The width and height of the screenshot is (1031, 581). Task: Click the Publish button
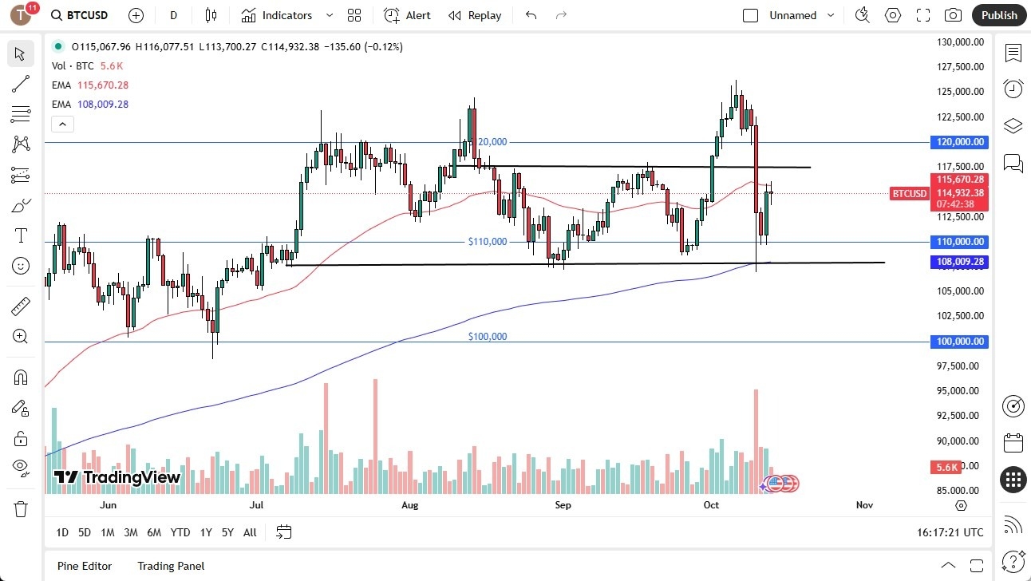[999, 15]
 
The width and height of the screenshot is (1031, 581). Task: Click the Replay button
[475, 15]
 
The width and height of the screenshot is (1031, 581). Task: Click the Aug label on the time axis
[409, 505]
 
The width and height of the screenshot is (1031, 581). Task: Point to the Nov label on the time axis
[864, 505]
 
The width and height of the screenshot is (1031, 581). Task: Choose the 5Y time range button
[227, 532]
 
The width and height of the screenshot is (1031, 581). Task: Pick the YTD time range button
[180, 532]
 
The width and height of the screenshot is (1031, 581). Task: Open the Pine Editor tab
[85, 566]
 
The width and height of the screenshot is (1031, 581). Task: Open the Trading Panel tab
[171, 566]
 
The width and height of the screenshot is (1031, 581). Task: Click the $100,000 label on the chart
[488, 337]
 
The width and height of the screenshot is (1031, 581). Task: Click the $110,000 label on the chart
[488, 241]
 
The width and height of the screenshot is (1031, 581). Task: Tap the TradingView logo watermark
[117, 477]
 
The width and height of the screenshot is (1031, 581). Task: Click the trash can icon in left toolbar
[21, 508]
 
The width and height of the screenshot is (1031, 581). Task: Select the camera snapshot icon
[953, 15]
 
